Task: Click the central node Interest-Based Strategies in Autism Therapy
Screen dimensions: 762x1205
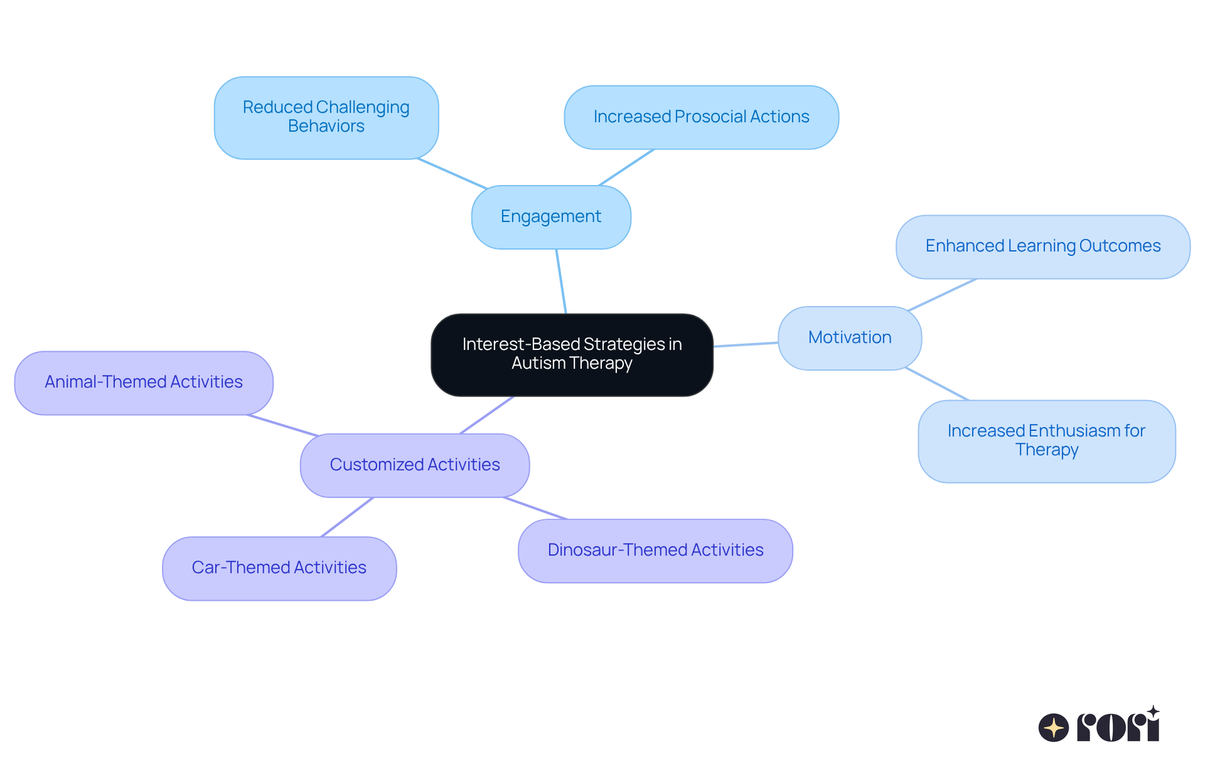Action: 572,354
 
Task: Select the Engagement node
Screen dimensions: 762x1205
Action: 551,217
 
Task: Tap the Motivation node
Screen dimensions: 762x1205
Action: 850,338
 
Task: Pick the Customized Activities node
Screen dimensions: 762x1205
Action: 415,465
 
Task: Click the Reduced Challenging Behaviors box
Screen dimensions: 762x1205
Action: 326,117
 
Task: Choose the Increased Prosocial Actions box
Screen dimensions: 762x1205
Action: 701,117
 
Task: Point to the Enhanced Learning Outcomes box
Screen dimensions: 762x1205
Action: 1042,246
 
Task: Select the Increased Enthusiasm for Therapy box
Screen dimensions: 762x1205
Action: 1046,441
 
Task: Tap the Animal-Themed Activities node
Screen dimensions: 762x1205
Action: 144,383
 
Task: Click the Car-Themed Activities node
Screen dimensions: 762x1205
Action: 279,568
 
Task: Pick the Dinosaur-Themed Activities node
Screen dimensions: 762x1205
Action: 655,551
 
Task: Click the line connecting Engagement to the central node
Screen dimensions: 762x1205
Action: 561,281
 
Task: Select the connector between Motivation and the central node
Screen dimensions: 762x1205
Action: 746,344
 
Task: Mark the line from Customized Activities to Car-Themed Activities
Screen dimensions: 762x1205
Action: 347,517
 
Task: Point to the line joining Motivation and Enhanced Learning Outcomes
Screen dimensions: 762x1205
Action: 941,295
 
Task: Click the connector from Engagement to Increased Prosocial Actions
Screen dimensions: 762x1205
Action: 626,167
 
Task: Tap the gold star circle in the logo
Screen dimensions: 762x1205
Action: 1053,728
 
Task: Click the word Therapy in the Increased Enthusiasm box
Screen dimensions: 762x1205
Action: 1047,450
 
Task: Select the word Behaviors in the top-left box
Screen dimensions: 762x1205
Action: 326,127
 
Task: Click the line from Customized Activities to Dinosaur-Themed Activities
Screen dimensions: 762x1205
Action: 535,509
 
